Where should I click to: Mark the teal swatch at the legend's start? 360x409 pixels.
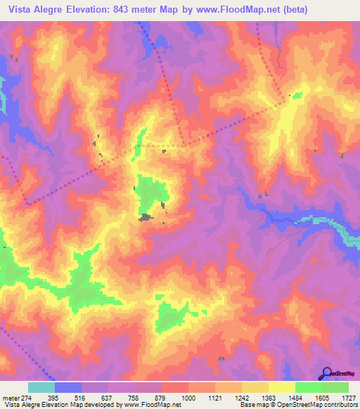41,387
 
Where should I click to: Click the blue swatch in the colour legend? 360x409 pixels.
68,387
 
